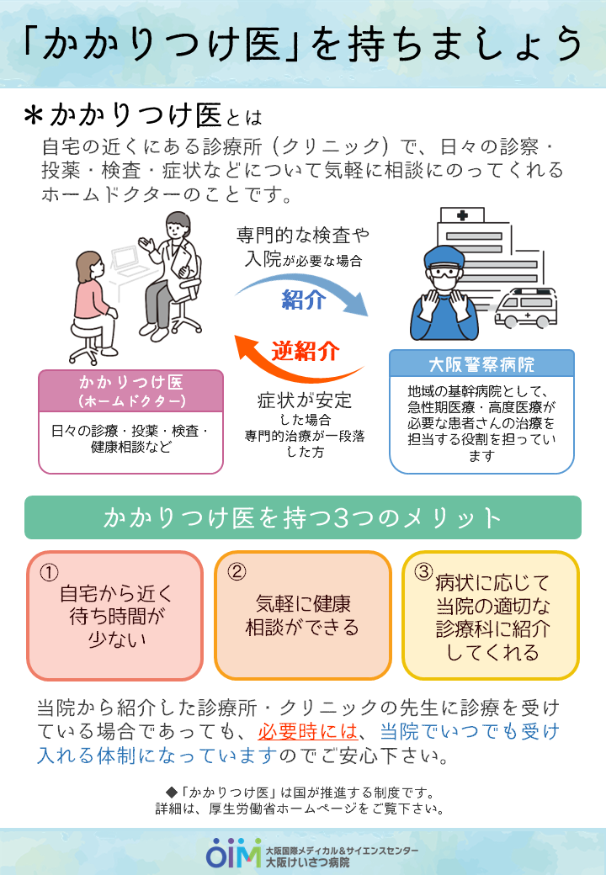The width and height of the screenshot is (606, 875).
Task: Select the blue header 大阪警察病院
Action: click(x=481, y=365)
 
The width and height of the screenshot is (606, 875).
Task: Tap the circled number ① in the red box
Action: click(x=50, y=572)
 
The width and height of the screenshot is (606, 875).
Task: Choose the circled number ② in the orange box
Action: click(x=237, y=572)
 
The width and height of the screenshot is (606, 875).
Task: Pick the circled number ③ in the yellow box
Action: click(x=424, y=572)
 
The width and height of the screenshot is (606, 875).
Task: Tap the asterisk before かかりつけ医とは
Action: click(x=35, y=116)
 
